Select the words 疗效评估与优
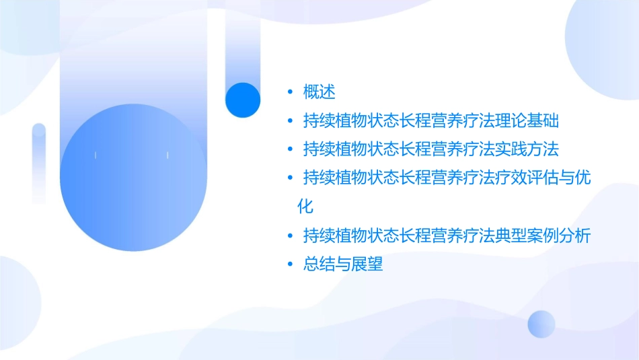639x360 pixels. (x=551, y=177)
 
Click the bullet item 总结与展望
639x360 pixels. (x=343, y=264)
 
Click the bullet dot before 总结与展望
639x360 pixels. (x=289, y=264)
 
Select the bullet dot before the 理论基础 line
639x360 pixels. (x=289, y=122)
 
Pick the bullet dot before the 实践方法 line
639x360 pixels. (x=289, y=149)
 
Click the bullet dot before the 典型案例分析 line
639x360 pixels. (x=289, y=236)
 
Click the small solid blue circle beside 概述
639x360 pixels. (x=242, y=100)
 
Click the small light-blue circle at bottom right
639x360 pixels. (x=541, y=324)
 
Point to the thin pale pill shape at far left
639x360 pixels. (x=39, y=162)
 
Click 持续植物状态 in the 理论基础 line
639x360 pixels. (x=351, y=122)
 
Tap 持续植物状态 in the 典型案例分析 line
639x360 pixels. (x=351, y=236)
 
